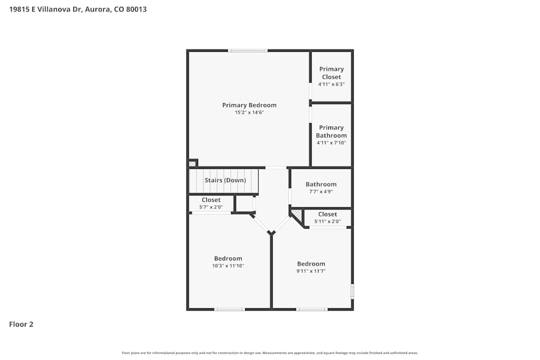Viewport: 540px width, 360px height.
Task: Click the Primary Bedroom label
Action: click(249, 105)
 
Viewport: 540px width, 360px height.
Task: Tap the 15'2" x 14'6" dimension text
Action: click(249, 113)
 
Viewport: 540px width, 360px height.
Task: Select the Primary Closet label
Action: click(331, 73)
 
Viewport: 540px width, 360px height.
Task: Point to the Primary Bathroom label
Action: click(331, 132)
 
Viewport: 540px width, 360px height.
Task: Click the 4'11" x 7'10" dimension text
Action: click(331, 143)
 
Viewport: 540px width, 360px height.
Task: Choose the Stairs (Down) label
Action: click(225, 180)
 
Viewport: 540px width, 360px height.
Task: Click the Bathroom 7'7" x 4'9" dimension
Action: click(321, 192)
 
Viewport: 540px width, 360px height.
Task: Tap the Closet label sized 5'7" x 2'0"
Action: click(211, 200)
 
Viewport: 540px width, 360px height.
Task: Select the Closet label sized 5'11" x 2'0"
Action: click(327, 214)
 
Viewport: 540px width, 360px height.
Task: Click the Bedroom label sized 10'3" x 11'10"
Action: click(228, 259)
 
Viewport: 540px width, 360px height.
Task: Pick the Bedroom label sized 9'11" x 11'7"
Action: click(311, 264)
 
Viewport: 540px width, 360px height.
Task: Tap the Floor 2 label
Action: click(21, 324)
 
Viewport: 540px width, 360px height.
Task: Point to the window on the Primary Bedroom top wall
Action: click(248, 51)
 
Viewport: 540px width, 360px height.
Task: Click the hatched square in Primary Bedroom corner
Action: click(192, 164)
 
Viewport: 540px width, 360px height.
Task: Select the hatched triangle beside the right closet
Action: click(296, 215)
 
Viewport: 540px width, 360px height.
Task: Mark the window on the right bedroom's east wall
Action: click(352, 291)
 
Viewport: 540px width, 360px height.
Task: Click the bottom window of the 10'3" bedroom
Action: click(229, 309)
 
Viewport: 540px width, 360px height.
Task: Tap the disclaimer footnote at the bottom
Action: click(270, 353)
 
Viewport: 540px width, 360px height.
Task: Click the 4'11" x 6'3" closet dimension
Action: click(331, 84)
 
